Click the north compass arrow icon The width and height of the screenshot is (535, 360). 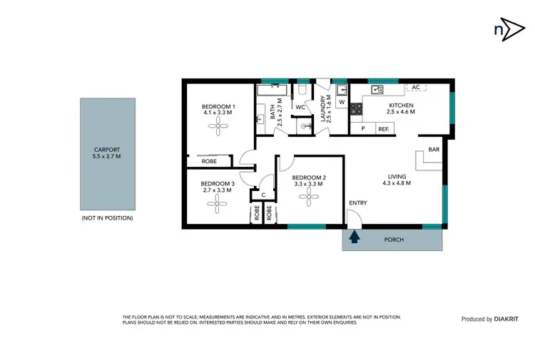504,29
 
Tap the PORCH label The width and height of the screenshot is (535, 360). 394,240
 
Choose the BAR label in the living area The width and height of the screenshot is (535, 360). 434,150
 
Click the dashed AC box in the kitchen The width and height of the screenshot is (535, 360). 416,87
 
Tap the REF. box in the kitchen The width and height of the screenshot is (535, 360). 384,129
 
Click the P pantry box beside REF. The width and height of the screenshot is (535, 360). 363,129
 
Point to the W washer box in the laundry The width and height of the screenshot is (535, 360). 341,102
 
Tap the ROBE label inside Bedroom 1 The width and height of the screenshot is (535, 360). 209,162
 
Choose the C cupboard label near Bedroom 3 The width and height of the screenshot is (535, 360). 263,195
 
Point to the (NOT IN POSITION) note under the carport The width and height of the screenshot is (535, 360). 107,217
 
